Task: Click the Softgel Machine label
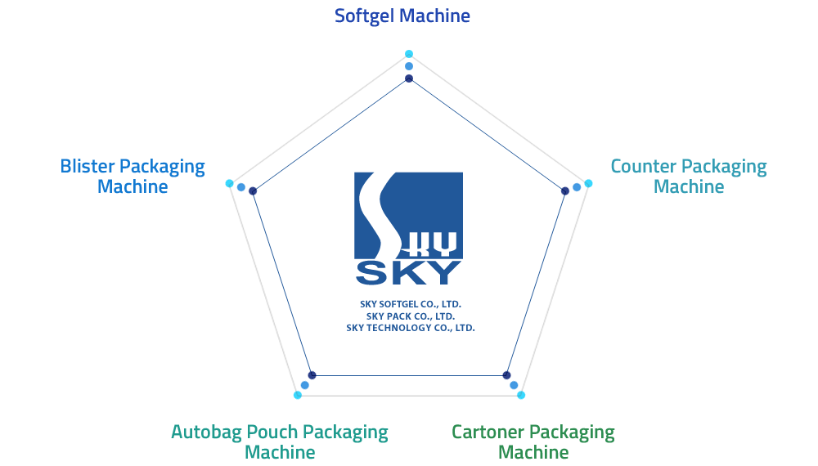402,16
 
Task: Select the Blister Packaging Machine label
133,177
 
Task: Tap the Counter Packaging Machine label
689,177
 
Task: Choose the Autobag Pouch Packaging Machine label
280,441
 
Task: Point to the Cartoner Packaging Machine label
533,441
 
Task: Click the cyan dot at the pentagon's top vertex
409,54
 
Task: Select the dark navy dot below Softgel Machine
409,78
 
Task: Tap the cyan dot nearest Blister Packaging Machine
230,183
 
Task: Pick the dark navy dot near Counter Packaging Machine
565,191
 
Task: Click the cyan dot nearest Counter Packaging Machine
588,183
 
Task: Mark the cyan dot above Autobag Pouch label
298,395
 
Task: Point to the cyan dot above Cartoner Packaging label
520,395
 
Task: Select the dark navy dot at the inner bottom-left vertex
312,375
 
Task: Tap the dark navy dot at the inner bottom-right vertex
506,375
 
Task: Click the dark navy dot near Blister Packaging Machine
253,191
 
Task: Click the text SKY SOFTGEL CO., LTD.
411,304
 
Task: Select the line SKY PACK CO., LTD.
411,316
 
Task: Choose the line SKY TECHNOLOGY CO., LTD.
411,328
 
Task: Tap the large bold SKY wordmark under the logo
408,272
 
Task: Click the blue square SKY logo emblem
408,215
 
